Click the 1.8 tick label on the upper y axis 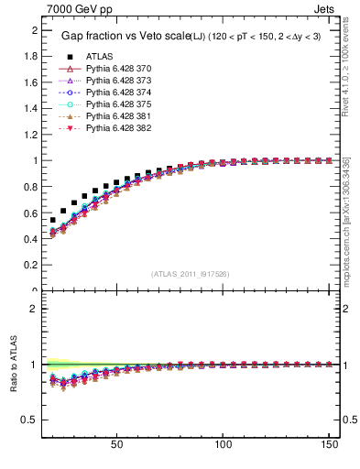[29, 56]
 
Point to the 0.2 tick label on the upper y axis [29, 266]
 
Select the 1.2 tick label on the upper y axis [29, 135]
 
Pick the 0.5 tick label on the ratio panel [29, 420]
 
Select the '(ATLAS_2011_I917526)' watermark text [190, 273]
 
